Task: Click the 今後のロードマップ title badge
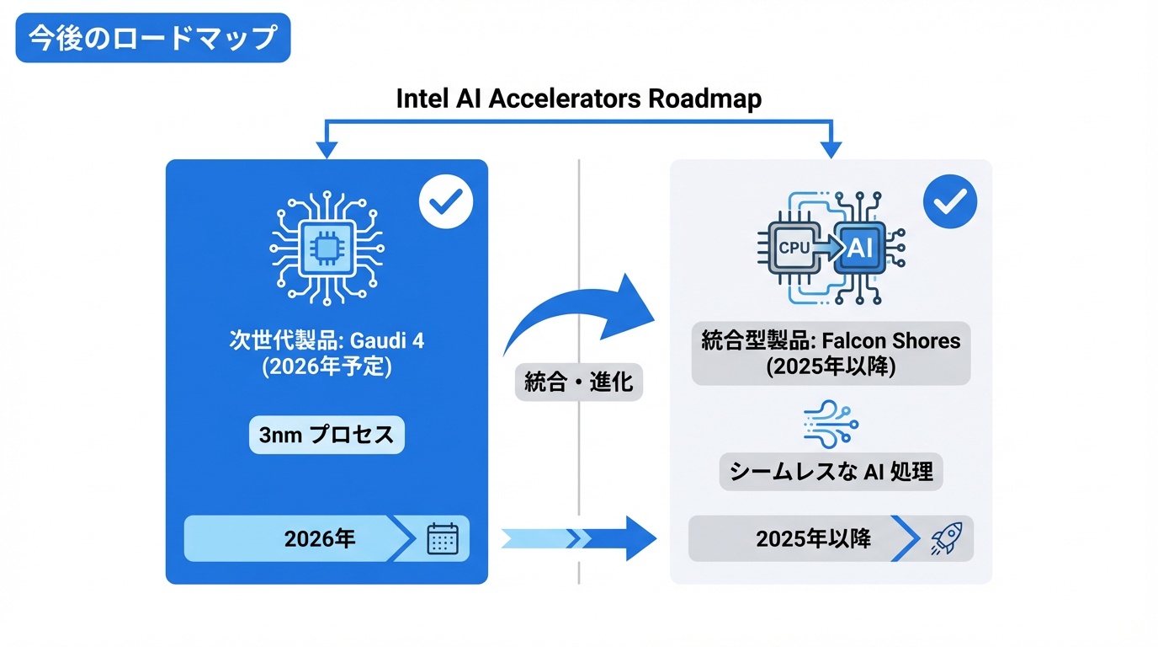[x=152, y=38]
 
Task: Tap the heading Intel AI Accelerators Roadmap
[x=579, y=99]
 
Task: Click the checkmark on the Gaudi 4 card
[x=446, y=201]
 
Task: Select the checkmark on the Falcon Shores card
[x=950, y=201]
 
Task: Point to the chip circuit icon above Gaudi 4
[x=326, y=246]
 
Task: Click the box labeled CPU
[x=794, y=247]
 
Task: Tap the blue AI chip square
[x=859, y=247]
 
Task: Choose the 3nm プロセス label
[x=327, y=436]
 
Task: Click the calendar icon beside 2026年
[x=443, y=538]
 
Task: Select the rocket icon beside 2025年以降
[x=946, y=538]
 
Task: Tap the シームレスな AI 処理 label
[x=831, y=472]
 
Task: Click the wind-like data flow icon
[x=831, y=424]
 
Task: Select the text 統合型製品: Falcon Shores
[x=831, y=341]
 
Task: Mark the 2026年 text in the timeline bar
[x=320, y=538]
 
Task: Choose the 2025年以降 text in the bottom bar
[x=813, y=538]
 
